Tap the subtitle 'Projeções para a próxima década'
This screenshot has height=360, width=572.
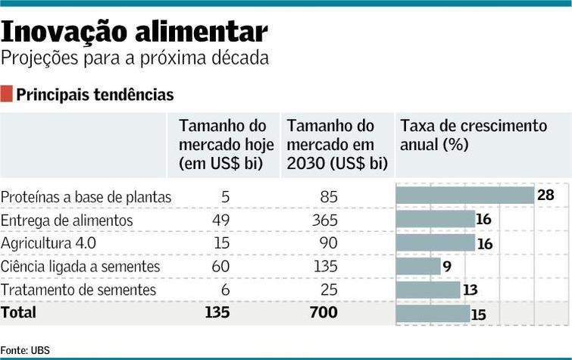[135, 58]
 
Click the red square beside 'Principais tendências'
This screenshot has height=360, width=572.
[7, 94]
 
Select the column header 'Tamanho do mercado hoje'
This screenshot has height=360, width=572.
[222, 144]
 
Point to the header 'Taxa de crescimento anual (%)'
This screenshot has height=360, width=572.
[473, 134]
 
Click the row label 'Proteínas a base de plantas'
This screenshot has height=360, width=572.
[86, 197]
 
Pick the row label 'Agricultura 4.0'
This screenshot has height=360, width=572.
[48, 243]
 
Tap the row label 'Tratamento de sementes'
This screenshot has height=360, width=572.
[78, 290]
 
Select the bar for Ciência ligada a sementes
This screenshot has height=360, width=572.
[418, 266]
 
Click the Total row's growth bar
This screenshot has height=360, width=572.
[433, 313]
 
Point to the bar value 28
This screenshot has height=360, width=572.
[545, 196]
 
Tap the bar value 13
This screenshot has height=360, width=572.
[470, 290]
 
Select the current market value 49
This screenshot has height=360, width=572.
[221, 221]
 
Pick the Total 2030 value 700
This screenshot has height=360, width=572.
[323, 311]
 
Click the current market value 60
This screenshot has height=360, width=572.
[221, 267]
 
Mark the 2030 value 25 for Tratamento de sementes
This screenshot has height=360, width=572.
[328, 290]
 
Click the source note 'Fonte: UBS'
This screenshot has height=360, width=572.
[25, 350]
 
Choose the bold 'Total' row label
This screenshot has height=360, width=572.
[18, 311]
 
